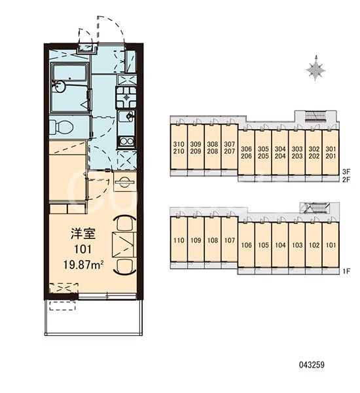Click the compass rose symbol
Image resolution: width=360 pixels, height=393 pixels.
click(315, 68)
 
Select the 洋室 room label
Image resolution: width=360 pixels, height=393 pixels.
click(83, 234)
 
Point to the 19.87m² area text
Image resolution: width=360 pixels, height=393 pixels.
click(84, 265)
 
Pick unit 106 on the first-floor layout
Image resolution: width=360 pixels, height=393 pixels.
click(246, 244)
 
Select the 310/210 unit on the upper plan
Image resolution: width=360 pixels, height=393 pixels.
click(179, 147)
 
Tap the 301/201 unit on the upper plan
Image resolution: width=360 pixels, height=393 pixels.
click(331, 152)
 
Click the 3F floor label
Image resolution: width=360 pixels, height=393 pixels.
click(346, 172)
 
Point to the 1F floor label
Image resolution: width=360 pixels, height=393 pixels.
click(346, 271)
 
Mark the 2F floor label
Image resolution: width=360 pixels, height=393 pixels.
click(346, 179)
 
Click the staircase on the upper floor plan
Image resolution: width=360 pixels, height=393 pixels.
click(315, 116)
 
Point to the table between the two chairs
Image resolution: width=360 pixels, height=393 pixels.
click(124, 245)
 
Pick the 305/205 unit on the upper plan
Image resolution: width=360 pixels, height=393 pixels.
click(263, 152)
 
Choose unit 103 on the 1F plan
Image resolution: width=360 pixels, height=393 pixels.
click(297, 244)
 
